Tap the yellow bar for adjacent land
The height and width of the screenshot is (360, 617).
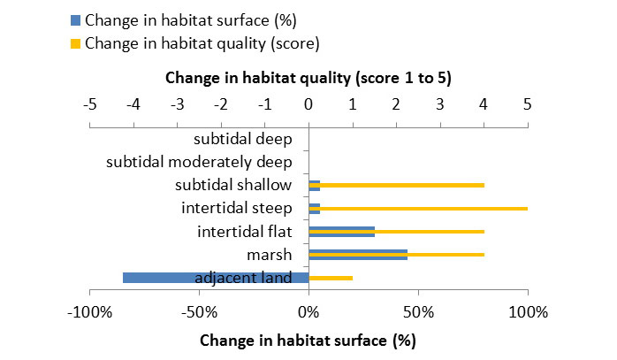331,278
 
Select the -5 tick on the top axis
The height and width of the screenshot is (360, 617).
89,103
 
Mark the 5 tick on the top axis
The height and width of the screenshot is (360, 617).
528,103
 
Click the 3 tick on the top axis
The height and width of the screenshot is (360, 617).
440,103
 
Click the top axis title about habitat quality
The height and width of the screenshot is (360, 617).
308,78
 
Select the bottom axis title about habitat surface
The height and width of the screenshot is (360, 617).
308,340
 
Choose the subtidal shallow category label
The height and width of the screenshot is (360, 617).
233,185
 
